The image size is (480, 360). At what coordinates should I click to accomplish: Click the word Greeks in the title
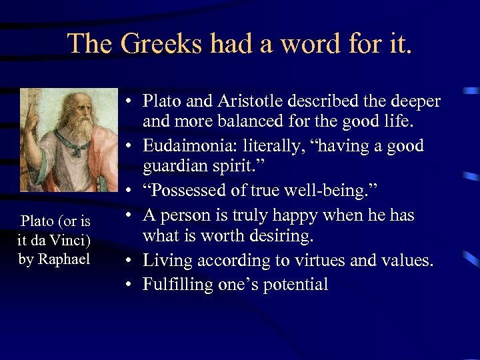pos(161,45)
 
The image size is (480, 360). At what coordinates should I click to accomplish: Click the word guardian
pos(179,168)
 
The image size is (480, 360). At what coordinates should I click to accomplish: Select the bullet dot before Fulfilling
pos(130,285)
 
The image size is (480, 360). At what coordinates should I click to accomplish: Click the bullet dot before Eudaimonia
pos(130,146)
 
